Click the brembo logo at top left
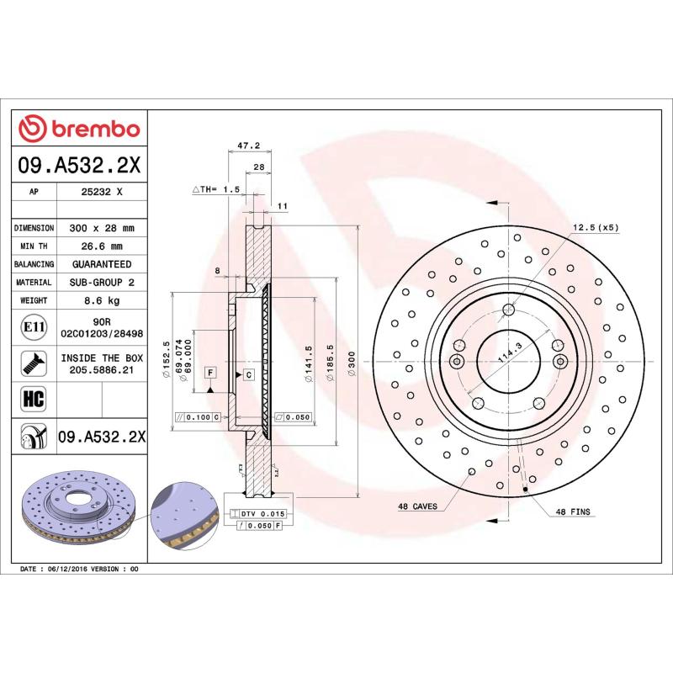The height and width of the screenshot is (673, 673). (x=79, y=128)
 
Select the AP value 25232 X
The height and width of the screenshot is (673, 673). (x=102, y=192)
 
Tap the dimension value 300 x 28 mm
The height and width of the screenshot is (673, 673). (x=102, y=228)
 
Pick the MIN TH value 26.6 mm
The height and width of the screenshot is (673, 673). (x=102, y=246)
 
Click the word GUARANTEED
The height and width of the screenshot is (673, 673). (x=102, y=264)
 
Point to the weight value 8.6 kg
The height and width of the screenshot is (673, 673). (x=102, y=300)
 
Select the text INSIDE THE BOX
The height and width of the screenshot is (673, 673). (x=102, y=357)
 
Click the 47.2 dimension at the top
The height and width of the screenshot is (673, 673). (x=247, y=146)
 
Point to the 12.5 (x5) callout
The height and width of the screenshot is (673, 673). (x=596, y=228)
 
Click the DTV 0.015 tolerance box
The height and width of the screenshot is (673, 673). (x=263, y=513)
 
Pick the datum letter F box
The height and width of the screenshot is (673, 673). (x=210, y=371)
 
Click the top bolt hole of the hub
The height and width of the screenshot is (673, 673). (x=507, y=310)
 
